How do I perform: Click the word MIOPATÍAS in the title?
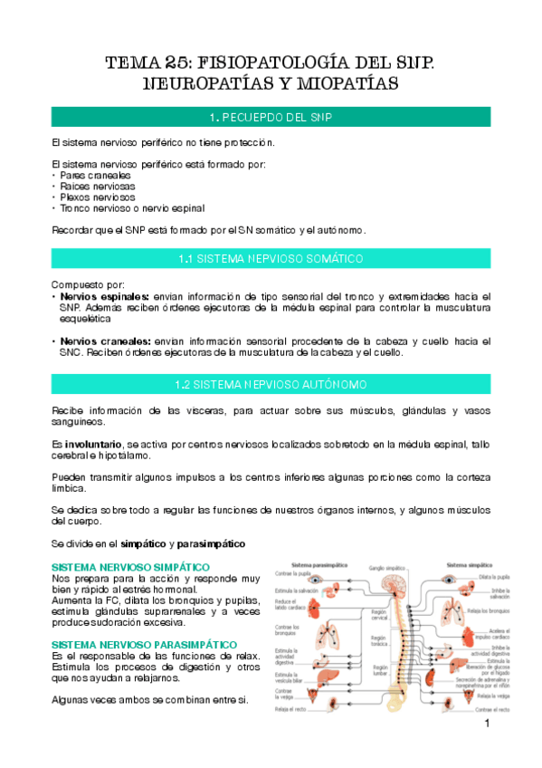tap(343, 85)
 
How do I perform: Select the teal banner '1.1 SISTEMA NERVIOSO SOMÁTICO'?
tap(271, 259)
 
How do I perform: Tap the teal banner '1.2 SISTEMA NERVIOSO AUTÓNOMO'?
tap(271, 385)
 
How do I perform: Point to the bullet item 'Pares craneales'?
tap(81, 175)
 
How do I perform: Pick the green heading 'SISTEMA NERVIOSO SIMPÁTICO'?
tap(118, 566)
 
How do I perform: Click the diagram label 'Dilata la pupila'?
tap(487, 577)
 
